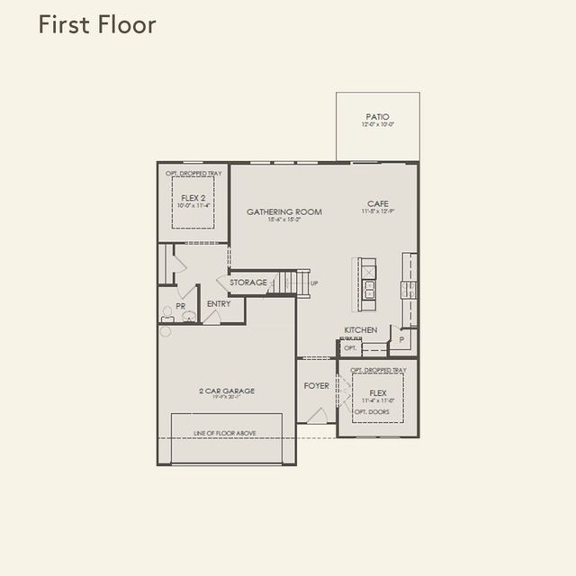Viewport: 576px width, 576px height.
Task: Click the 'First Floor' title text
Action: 97,25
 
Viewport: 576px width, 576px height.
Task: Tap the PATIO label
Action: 378,117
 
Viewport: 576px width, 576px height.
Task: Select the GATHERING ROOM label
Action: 284,212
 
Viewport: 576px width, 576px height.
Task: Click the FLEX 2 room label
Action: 193,197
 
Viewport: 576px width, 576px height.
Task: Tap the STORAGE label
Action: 248,283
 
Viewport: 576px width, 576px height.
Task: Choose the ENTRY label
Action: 219,304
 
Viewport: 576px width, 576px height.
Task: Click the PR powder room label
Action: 180,306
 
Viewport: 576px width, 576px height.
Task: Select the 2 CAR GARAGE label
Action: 227,391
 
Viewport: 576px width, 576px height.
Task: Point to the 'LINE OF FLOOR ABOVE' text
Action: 225,433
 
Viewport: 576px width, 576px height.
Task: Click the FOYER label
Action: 316,385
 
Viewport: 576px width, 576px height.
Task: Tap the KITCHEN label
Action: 360,330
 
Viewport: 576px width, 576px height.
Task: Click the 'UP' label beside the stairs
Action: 314,283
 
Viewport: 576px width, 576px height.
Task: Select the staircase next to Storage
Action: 290,282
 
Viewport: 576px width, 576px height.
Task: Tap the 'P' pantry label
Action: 401,340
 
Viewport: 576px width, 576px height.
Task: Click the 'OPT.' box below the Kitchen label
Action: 350,347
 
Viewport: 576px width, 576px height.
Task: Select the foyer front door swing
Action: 317,415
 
